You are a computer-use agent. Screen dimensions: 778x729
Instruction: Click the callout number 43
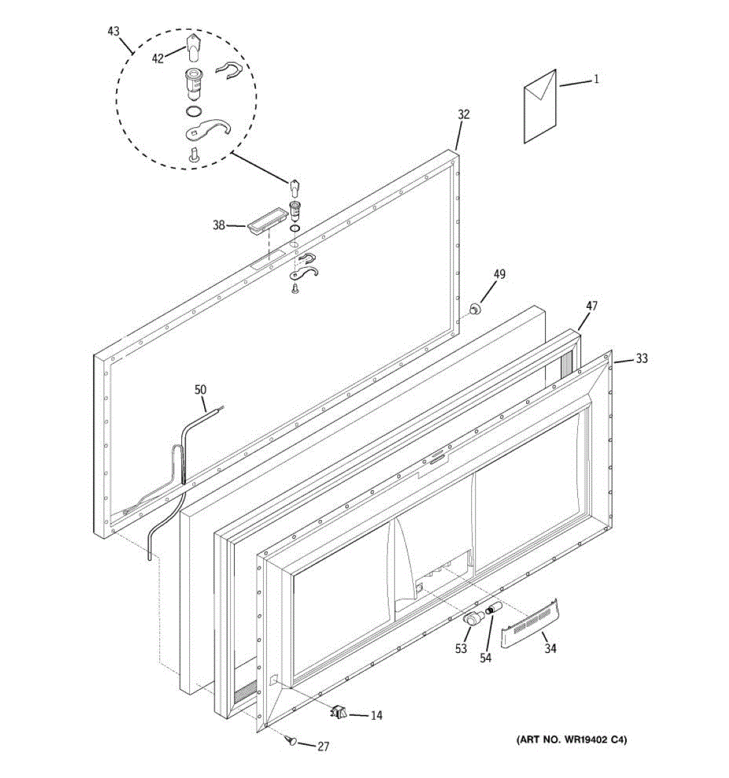coord(113,31)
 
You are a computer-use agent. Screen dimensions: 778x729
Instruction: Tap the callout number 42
coord(157,58)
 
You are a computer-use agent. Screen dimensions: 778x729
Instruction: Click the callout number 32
coord(463,115)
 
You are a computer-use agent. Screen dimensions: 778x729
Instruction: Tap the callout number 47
coord(592,307)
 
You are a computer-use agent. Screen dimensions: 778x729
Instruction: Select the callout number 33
coord(641,359)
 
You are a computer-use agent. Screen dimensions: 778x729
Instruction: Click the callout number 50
coord(200,390)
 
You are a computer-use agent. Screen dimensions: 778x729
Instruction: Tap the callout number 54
coord(485,657)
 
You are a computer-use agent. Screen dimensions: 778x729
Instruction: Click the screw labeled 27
coord(292,740)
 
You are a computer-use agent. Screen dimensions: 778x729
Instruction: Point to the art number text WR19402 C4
coord(572,740)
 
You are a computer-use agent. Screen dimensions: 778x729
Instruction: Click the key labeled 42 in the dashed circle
coord(191,47)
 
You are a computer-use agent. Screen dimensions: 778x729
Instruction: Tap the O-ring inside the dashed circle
coord(193,111)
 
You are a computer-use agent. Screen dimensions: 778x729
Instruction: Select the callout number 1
coord(596,80)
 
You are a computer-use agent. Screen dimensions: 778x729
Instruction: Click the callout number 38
coord(219,226)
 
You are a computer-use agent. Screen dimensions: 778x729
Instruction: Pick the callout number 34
coord(550,648)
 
